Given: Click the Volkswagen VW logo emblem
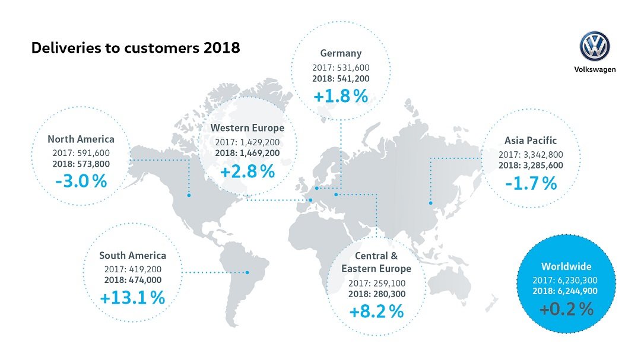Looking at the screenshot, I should point(595,46).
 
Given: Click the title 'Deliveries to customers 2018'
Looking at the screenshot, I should point(135,48).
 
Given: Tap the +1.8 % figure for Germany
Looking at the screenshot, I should point(341,95).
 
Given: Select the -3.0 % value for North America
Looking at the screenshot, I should point(81,181).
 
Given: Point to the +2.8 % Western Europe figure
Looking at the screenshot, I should point(247,172).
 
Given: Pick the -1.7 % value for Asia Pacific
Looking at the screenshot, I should point(531,183).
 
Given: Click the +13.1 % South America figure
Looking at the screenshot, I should point(132,298).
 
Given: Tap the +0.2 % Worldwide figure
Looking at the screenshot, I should point(566,309).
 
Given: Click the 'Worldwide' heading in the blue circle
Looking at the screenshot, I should point(566,266).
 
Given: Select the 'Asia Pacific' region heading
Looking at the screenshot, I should point(531,141).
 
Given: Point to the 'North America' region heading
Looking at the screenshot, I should point(81,139).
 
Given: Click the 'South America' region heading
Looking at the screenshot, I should point(132,256).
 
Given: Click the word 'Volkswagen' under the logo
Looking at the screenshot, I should point(595,69).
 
